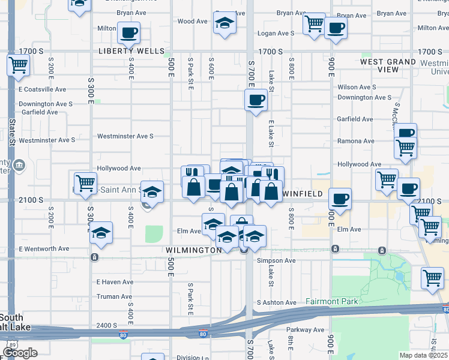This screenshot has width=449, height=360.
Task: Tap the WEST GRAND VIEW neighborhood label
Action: coord(388,65)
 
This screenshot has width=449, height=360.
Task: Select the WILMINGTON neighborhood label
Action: coord(194,250)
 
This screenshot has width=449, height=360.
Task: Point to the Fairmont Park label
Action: coord(331,302)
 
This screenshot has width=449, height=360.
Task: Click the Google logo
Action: coord(20,353)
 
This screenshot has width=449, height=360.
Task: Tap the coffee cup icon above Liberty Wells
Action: coord(128,32)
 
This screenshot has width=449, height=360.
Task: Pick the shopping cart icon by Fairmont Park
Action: coord(432,278)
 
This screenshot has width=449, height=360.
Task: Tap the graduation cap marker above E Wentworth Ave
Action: coord(101,233)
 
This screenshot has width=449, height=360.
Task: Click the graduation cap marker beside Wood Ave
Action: coord(225,23)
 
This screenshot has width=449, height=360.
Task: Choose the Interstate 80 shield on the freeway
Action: coord(203,334)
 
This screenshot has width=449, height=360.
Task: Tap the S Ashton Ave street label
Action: coord(276,302)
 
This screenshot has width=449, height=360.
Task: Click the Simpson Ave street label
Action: coord(276,261)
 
